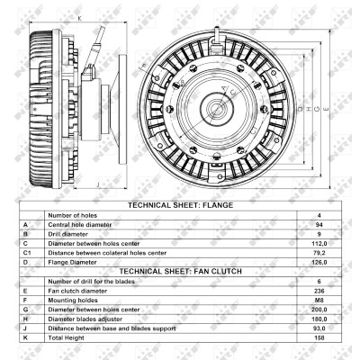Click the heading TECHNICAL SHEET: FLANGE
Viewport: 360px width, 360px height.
(x=180, y=205)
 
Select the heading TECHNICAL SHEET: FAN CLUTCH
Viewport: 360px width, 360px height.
(x=181, y=272)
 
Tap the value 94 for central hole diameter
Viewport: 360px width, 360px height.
(x=319, y=225)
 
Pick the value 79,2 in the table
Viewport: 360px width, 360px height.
(x=319, y=253)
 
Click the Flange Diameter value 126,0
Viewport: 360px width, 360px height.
(x=319, y=262)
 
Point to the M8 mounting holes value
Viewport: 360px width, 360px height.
(x=319, y=301)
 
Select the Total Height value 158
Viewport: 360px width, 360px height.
(x=319, y=337)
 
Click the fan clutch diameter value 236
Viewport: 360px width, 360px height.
(x=319, y=291)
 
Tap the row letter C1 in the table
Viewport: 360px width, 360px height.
(x=27, y=253)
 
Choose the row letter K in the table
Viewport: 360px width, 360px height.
(x=25, y=337)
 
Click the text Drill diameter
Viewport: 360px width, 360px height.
(x=68, y=234)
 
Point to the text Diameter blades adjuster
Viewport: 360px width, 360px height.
(x=85, y=319)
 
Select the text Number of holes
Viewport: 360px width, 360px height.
(x=73, y=215)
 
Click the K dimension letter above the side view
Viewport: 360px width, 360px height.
(x=80, y=18)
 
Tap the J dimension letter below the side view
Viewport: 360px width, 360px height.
(x=98, y=184)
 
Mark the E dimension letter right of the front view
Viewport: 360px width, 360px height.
(x=326, y=109)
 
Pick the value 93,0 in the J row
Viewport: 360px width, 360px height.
(x=319, y=328)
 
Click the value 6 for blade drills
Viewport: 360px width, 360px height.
(x=319, y=282)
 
